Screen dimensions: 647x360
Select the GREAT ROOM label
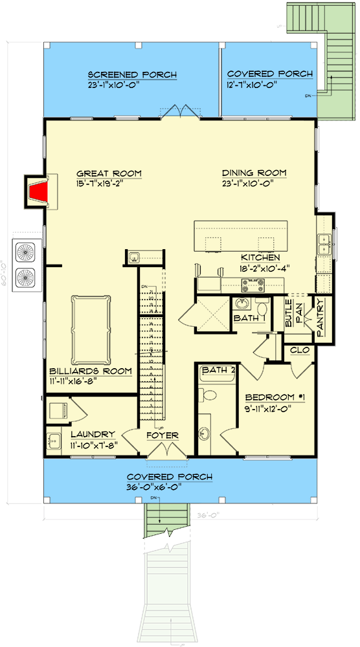(x=109, y=173)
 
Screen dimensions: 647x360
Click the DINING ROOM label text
(x=254, y=173)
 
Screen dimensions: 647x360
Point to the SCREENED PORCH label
(x=132, y=75)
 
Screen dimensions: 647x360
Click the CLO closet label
(x=300, y=349)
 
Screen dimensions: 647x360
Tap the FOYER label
(x=162, y=435)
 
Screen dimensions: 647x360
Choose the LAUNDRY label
(x=93, y=434)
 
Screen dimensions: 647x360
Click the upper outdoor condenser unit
(x=27, y=252)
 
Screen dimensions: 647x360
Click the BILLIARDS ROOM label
(x=91, y=371)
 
